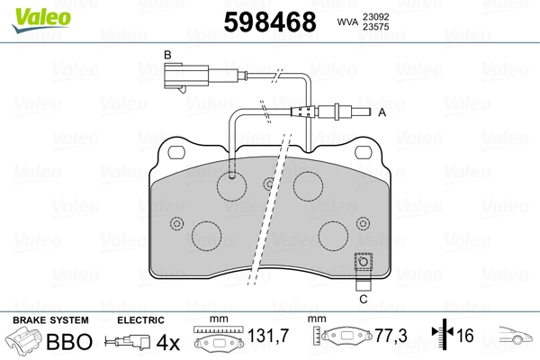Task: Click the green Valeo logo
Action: [x=41, y=20]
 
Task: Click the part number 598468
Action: [x=270, y=22]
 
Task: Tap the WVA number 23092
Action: [x=375, y=17]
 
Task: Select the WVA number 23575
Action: [x=375, y=27]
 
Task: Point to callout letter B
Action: [x=167, y=55]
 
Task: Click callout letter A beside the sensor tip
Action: [x=382, y=112]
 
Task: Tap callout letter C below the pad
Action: [x=364, y=299]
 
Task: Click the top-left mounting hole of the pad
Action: [x=176, y=152]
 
